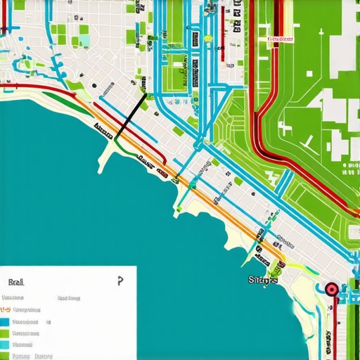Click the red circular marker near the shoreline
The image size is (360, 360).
[330, 288]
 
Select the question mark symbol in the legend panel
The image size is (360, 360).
[120, 281]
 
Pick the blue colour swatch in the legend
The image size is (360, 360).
[5, 322]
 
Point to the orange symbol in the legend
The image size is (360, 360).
[5, 309]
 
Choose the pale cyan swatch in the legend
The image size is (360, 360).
[5, 345]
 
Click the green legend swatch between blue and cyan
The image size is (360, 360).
[5, 333]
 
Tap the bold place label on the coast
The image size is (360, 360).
[263, 280]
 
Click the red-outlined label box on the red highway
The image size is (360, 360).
[281, 40]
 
